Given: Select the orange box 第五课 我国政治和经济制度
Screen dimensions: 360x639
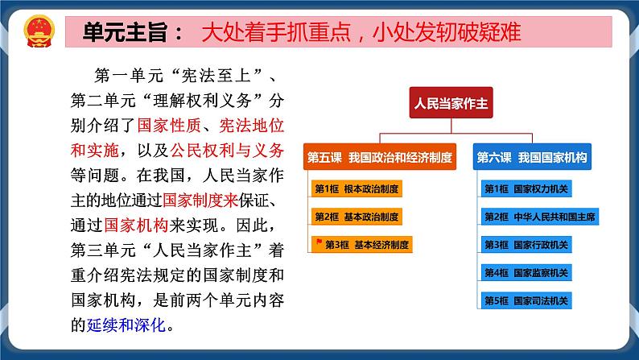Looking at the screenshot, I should click(x=378, y=156).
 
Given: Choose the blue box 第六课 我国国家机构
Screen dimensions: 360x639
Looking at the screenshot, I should click(x=532, y=156).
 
